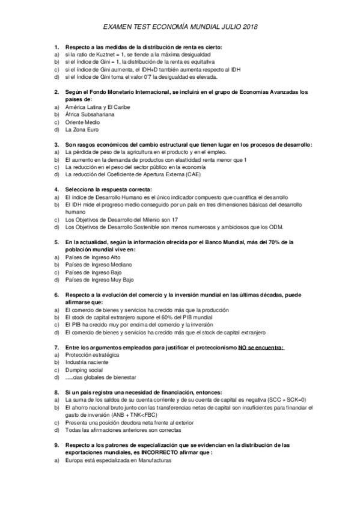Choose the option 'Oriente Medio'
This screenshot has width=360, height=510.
[x=82, y=121]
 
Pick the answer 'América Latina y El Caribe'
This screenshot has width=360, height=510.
[x=97, y=106]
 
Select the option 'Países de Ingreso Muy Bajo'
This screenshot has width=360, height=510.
[x=99, y=280]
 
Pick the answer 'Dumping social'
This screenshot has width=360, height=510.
[x=84, y=370]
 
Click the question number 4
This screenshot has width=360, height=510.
[x=56, y=189]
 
